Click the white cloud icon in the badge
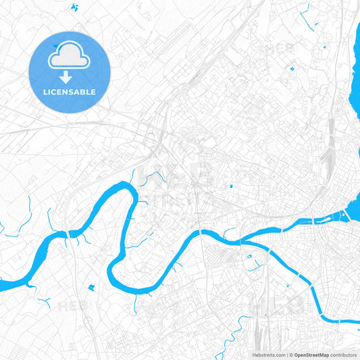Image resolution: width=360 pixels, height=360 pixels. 70,59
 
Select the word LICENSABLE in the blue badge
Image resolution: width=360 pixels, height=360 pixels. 70,92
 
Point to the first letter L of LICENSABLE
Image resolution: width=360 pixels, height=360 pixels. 45,92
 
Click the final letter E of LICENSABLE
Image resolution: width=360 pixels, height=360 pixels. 94,92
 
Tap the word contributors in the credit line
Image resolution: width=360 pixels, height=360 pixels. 343,355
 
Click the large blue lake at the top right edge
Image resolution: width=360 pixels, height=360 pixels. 354,61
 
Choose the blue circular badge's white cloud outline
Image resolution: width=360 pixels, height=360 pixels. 70,59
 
